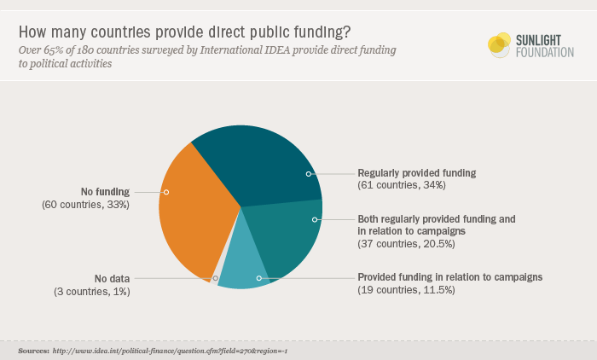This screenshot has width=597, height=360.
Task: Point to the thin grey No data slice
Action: pyautogui.click(x=214, y=278)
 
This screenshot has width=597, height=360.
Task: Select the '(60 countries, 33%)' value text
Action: pyautogui.click(x=85, y=205)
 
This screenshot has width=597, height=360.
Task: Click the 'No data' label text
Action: pyautogui.click(x=113, y=278)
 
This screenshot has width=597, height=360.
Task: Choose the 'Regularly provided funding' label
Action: pyautogui.click(x=416, y=172)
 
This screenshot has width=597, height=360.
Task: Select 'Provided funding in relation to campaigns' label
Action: pyautogui.click(x=449, y=277)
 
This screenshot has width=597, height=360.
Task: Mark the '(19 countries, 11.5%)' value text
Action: pyautogui.click(x=405, y=291)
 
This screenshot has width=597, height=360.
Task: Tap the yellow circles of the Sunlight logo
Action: pyautogui.click(x=499, y=44)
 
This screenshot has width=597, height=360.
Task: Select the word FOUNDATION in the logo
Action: pyautogui.click(x=544, y=52)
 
